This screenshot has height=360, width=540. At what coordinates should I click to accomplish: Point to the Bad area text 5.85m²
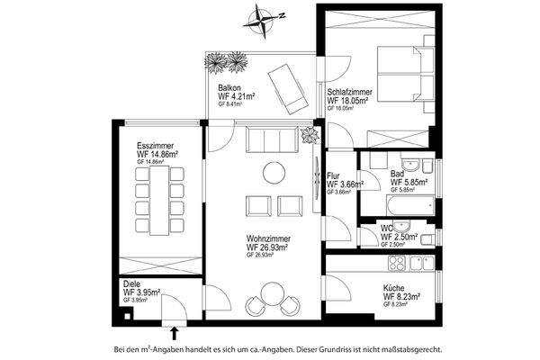coord(409,181)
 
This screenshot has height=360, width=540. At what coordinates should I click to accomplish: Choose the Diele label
coord(131,283)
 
